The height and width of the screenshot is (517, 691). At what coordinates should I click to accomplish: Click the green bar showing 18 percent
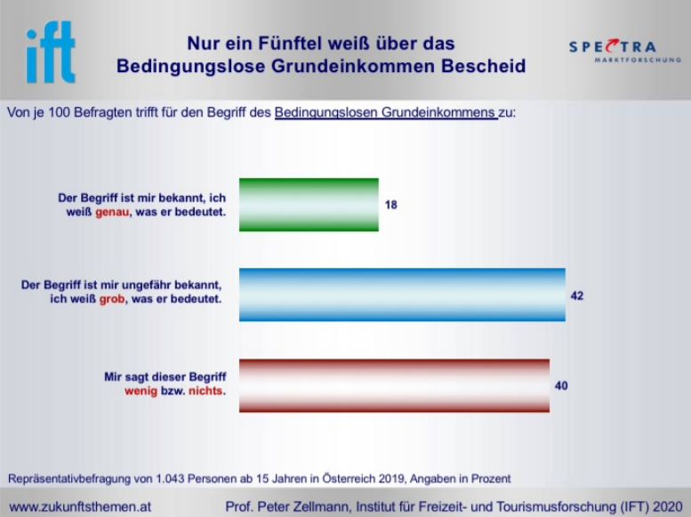(x=309, y=205)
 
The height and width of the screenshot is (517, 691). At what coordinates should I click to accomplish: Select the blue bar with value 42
(x=402, y=295)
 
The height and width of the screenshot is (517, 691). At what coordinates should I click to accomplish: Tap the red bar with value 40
(x=395, y=385)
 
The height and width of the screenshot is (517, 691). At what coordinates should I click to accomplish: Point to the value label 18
(x=391, y=205)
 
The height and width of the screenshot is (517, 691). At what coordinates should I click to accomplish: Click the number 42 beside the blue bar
(x=577, y=295)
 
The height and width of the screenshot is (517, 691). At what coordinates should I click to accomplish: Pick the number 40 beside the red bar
(x=561, y=385)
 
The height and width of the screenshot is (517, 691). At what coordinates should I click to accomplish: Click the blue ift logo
(x=51, y=52)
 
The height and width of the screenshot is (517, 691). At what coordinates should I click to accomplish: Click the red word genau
(x=112, y=212)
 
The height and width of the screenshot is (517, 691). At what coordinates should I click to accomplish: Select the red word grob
(x=112, y=299)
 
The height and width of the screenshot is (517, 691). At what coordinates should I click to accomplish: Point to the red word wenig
(x=141, y=391)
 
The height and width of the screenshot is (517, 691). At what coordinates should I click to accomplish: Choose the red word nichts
(x=205, y=391)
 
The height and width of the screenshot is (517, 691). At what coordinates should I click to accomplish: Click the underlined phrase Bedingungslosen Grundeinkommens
(x=385, y=112)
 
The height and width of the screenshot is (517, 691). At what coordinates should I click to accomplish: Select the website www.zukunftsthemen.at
(x=80, y=507)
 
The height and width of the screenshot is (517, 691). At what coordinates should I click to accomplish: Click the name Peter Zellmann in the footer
(x=303, y=507)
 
